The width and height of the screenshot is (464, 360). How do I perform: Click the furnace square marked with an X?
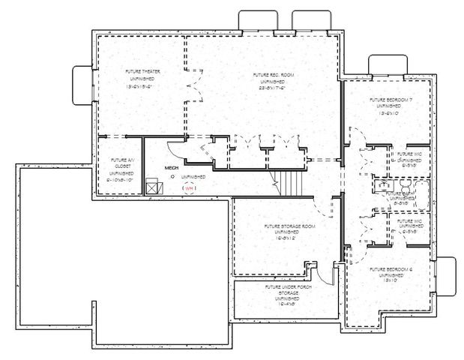tap(153, 186)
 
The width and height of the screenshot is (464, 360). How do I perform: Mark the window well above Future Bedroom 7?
tap(386, 64)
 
